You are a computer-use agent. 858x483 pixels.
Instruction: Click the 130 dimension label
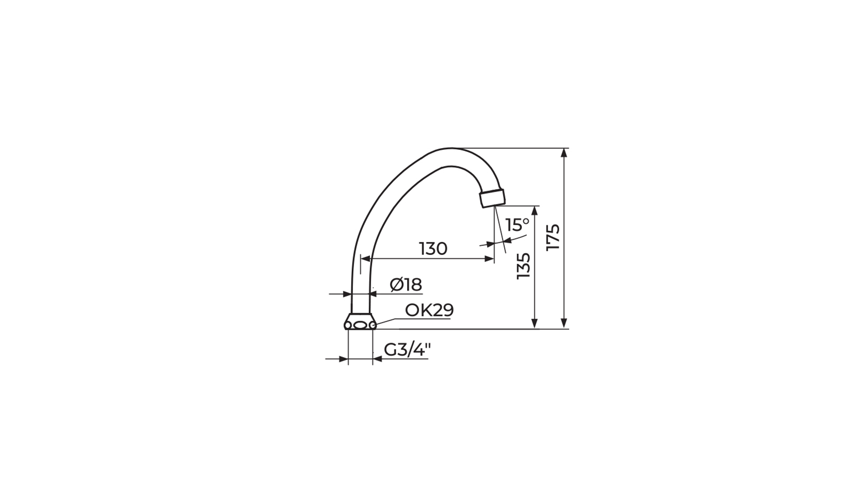tap(433, 249)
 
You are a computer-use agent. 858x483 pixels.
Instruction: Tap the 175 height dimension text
tap(553, 237)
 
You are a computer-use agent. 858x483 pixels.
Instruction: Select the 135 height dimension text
tap(523, 267)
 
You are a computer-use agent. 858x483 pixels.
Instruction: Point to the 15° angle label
tap(517, 225)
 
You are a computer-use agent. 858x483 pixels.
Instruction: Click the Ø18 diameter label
tap(406, 284)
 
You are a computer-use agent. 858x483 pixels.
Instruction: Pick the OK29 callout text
tap(429, 310)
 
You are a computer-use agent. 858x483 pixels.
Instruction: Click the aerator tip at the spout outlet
tap(492, 198)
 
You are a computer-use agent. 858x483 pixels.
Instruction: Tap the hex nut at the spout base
tap(360, 322)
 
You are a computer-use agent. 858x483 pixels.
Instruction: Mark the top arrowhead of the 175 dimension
tap(564, 153)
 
